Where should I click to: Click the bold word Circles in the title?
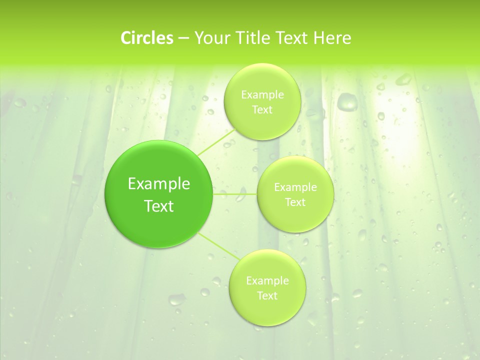coord(146,38)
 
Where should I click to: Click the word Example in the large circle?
coord(159,184)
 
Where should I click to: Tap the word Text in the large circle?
coord(159,206)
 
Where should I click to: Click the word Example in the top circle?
coord(262,95)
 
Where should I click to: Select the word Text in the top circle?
coord(262,110)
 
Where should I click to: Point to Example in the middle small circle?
coord(295,187)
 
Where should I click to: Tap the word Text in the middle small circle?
coord(295,202)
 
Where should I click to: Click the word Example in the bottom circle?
coord(267,281)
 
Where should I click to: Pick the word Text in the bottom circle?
coord(267,296)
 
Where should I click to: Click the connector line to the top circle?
coord(216,142)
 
